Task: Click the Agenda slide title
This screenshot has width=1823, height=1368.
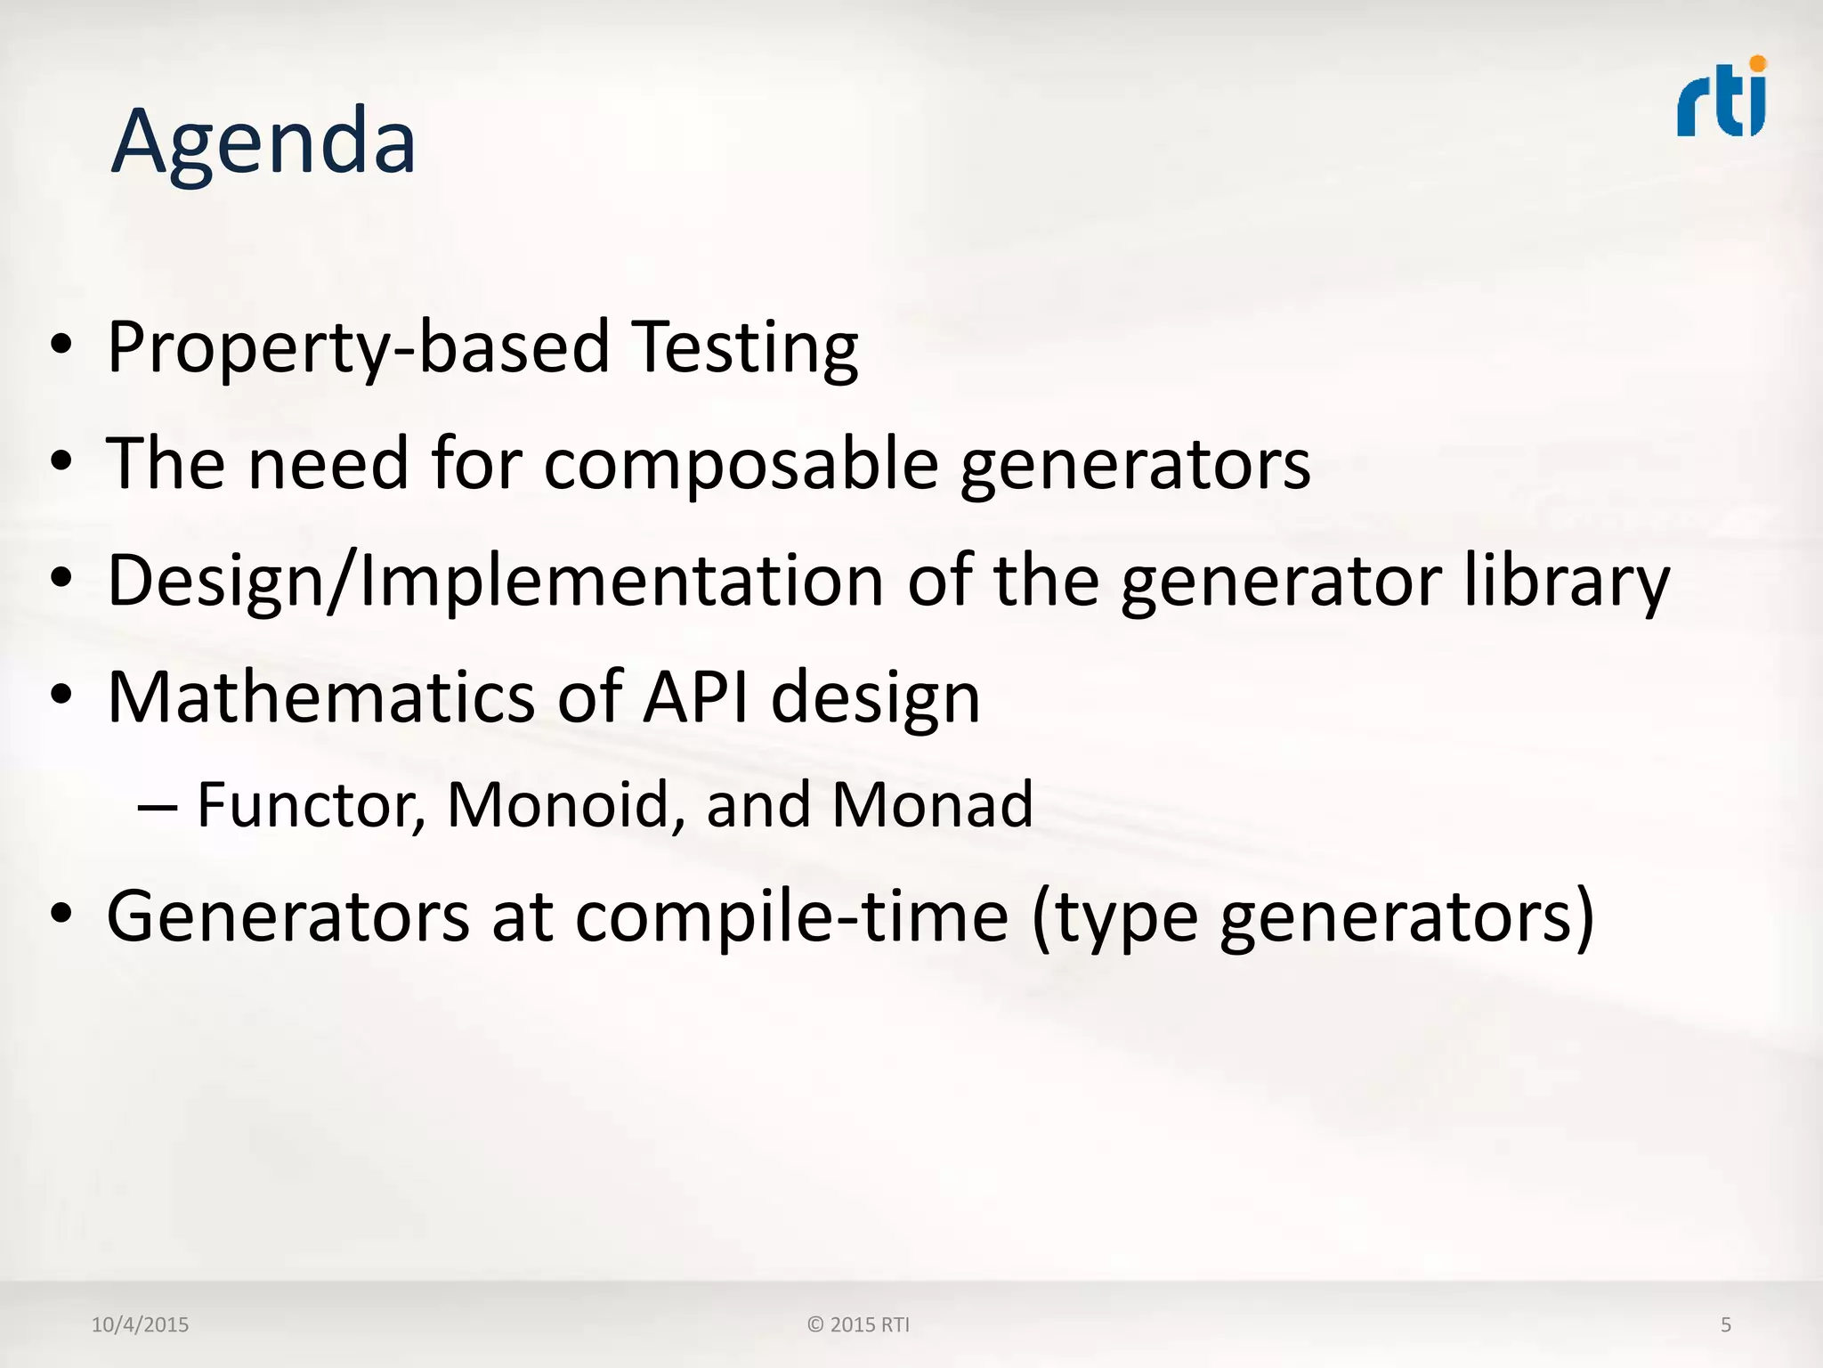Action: pos(263,142)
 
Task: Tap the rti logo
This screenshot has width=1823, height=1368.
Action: pos(1721,100)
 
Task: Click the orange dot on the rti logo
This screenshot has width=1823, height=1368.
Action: pos(1757,63)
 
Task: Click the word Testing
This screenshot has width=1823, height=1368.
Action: pos(745,347)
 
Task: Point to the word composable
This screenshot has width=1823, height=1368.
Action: pos(741,464)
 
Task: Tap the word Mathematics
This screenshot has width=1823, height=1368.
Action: pos(321,697)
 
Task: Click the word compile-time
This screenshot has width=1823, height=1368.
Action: pos(792,917)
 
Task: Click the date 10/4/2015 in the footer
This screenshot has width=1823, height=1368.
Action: pos(140,1325)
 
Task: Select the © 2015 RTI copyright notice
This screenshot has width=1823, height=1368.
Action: pos(858,1325)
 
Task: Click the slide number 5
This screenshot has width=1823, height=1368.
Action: pos(1725,1325)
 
